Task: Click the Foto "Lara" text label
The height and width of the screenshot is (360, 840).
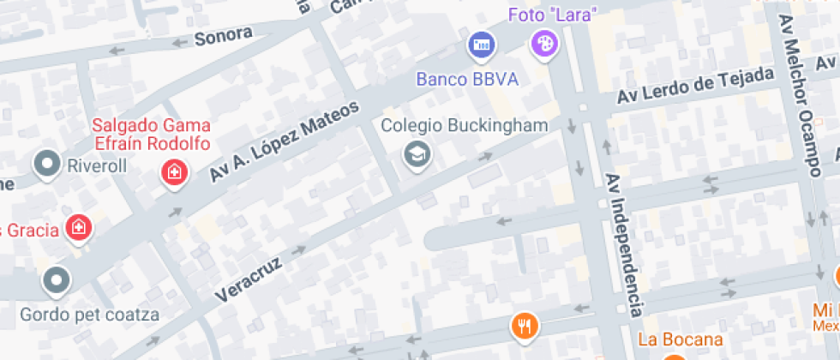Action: pyautogui.click(x=552, y=15)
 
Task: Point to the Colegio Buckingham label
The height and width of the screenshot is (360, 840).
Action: pyautogui.click(x=464, y=126)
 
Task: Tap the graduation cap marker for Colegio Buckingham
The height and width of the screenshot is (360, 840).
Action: pyautogui.click(x=417, y=154)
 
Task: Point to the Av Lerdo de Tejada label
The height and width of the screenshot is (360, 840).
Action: pyautogui.click(x=688, y=89)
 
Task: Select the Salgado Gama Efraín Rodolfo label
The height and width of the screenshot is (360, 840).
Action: pyautogui.click(x=152, y=135)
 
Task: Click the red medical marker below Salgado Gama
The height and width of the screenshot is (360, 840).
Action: pyautogui.click(x=174, y=172)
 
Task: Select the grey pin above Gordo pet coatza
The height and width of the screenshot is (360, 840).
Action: pyautogui.click(x=57, y=279)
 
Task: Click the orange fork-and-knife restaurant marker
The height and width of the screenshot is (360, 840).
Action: pyautogui.click(x=524, y=325)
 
